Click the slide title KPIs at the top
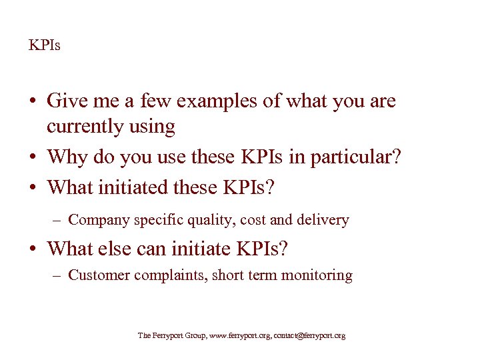point(44,46)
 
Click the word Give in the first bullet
point(63,101)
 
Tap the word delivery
point(323,219)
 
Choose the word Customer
point(99,275)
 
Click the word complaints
point(171,275)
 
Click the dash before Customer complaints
point(59,275)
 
